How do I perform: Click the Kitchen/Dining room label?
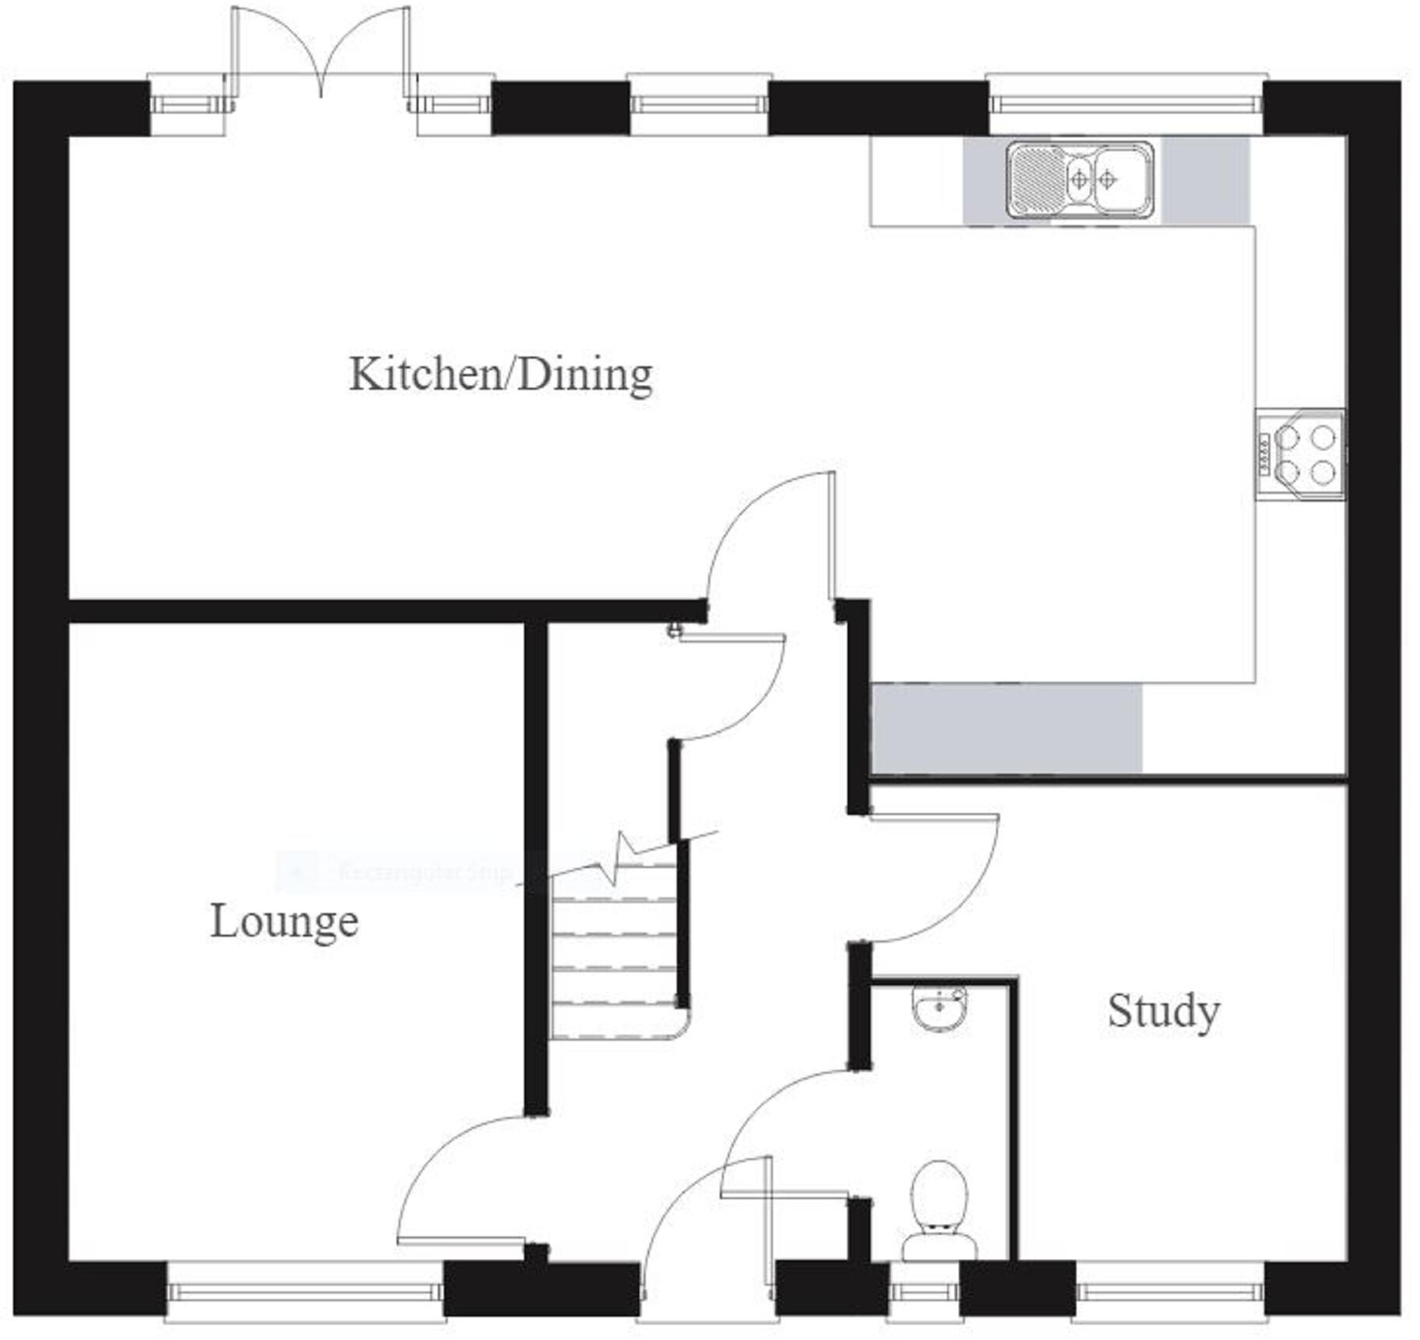(501, 375)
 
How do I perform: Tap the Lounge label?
(284, 922)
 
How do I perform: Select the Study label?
(1163, 1011)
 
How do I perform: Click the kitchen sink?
(1080, 179)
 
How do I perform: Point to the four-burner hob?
(1300, 454)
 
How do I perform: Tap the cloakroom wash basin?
(939, 1009)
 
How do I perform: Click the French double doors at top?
(321, 55)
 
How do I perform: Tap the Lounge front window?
(305, 1292)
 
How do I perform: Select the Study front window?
(1168, 1292)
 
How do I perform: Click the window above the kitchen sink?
(1126, 104)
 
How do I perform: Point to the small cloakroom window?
(923, 1292)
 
